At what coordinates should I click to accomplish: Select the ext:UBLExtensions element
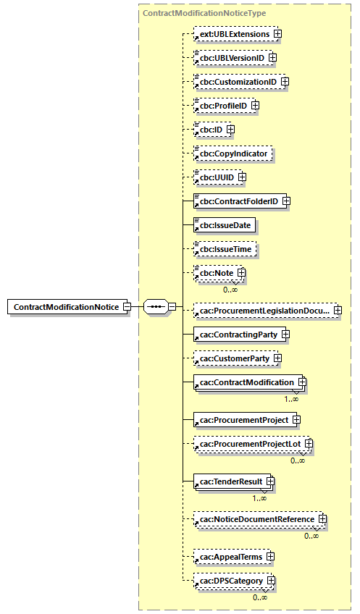pos(235,34)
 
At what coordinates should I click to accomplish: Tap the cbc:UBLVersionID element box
pos(232,58)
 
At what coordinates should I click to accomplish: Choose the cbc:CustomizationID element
pos(238,82)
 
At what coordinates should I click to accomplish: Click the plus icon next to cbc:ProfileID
pos(255,106)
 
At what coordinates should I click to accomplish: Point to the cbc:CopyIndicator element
pos(228,153)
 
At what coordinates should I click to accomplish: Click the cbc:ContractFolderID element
pos(239,201)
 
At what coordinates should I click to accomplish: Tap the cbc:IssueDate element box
pos(225,225)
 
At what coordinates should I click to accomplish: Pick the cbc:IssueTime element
pos(225,249)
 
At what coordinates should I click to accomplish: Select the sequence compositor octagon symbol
pos(155,306)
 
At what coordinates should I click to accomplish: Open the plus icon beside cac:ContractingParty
pos(285,335)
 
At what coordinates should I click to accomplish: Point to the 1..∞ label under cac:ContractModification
pos(292,398)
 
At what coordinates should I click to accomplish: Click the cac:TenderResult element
pos(230,481)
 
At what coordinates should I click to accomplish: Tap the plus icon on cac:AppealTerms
pos(270,557)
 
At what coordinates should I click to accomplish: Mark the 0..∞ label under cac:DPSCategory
pos(261,597)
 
